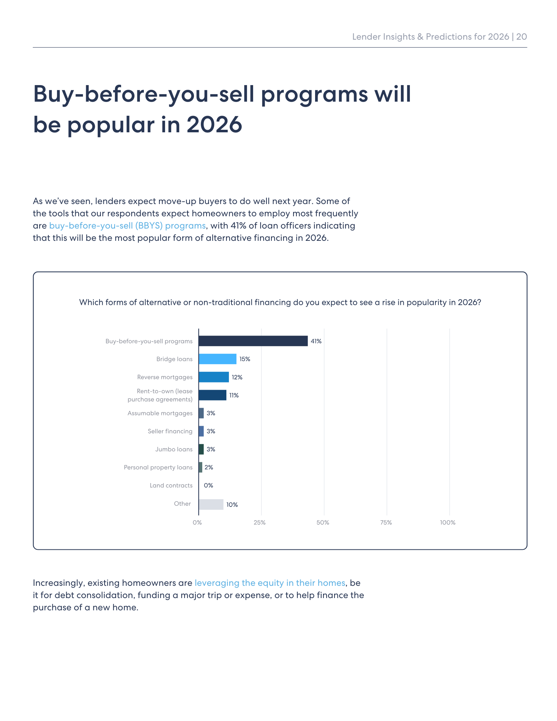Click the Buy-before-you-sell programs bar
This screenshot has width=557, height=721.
point(253,341)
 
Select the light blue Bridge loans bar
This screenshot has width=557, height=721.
point(217,359)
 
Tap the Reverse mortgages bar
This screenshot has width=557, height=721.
point(213,377)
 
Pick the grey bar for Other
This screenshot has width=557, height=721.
point(211,504)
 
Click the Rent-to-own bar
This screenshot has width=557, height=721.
point(212,395)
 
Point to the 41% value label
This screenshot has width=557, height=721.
point(316,341)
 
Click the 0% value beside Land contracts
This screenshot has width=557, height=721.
point(208,486)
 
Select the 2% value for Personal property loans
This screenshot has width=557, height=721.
point(209,468)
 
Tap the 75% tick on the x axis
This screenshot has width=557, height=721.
point(386,523)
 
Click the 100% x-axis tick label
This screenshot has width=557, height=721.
point(447,523)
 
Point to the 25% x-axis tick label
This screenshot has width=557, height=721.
point(259,523)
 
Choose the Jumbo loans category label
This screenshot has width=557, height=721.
point(174,450)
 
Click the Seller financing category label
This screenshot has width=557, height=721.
point(170,432)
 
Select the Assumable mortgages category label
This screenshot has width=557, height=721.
point(160,413)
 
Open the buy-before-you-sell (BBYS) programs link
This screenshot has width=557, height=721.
point(127,226)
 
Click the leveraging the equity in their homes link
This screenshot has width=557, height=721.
point(270,583)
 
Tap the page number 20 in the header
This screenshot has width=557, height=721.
point(521,37)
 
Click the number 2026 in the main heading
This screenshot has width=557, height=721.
point(214,125)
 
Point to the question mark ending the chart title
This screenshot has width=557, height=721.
point(479,302)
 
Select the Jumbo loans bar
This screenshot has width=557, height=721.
point(201,449)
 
